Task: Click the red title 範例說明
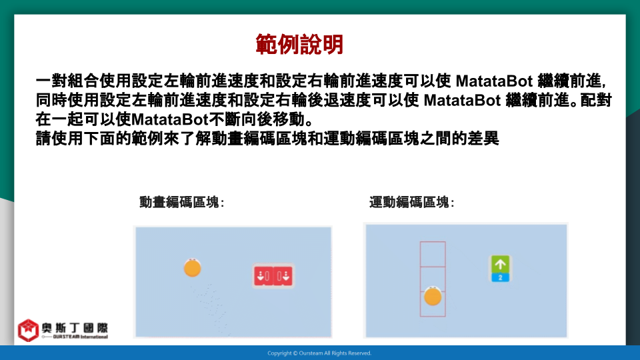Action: coord(299,44)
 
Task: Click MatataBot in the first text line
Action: coord(494,81)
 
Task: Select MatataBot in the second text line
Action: coord(462,100)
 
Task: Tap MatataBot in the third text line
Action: coord(170,119)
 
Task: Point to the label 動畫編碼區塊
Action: coord(181,202)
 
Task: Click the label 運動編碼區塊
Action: coord(411,202)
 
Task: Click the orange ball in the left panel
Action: coord(192,268)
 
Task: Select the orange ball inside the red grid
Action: coord(433,296)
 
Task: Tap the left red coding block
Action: coord(263,276)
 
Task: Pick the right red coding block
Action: coord(283,276)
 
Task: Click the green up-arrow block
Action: coord(500,265)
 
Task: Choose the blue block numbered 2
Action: coord(500,277)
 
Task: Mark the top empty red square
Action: coord(433,243)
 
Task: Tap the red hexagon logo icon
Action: coord(28,330)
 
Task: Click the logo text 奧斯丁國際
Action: coord(75,328)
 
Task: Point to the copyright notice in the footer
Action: coord(319,353)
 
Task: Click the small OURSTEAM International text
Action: coord(81,337)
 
